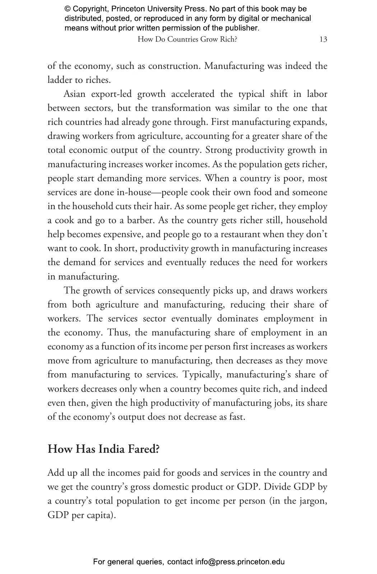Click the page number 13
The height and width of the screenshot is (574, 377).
click(323, 39)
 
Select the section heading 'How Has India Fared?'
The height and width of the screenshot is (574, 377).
click(103, 449)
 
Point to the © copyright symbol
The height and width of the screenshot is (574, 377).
click(67, 9)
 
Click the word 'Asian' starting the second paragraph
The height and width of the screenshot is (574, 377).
click(75, 94)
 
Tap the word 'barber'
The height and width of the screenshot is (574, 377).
click(141, 220)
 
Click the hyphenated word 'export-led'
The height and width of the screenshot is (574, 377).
click(111, 94)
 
